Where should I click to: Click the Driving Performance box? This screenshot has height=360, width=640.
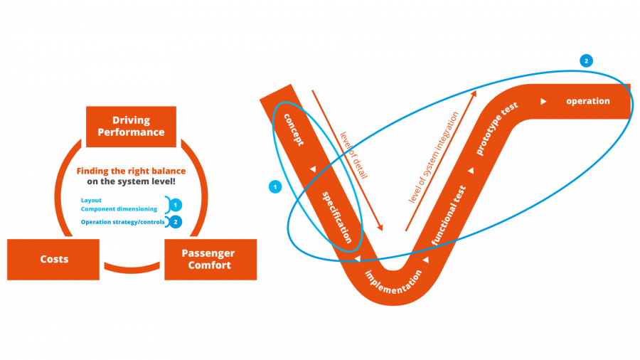[x=131, y=127]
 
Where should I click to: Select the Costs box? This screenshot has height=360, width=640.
[x=54, y=259]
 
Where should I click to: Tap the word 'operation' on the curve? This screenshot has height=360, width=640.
[x=588, y=101]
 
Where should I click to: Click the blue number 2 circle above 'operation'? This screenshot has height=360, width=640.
[x=586, y=60]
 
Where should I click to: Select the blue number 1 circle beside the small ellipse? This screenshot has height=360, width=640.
[x=275, y=187]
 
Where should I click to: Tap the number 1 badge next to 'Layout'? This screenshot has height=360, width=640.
[x=176, y=205]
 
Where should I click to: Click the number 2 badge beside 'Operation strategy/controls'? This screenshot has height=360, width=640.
[x=176, y=222]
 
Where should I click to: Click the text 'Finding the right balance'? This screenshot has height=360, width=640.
[x=132, y=171]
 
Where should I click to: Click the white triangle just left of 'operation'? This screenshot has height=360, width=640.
[x=543, y=102]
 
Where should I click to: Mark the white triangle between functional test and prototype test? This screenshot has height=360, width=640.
[x=471, y=171]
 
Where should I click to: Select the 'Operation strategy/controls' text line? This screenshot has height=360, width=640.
[x=123, y=222]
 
